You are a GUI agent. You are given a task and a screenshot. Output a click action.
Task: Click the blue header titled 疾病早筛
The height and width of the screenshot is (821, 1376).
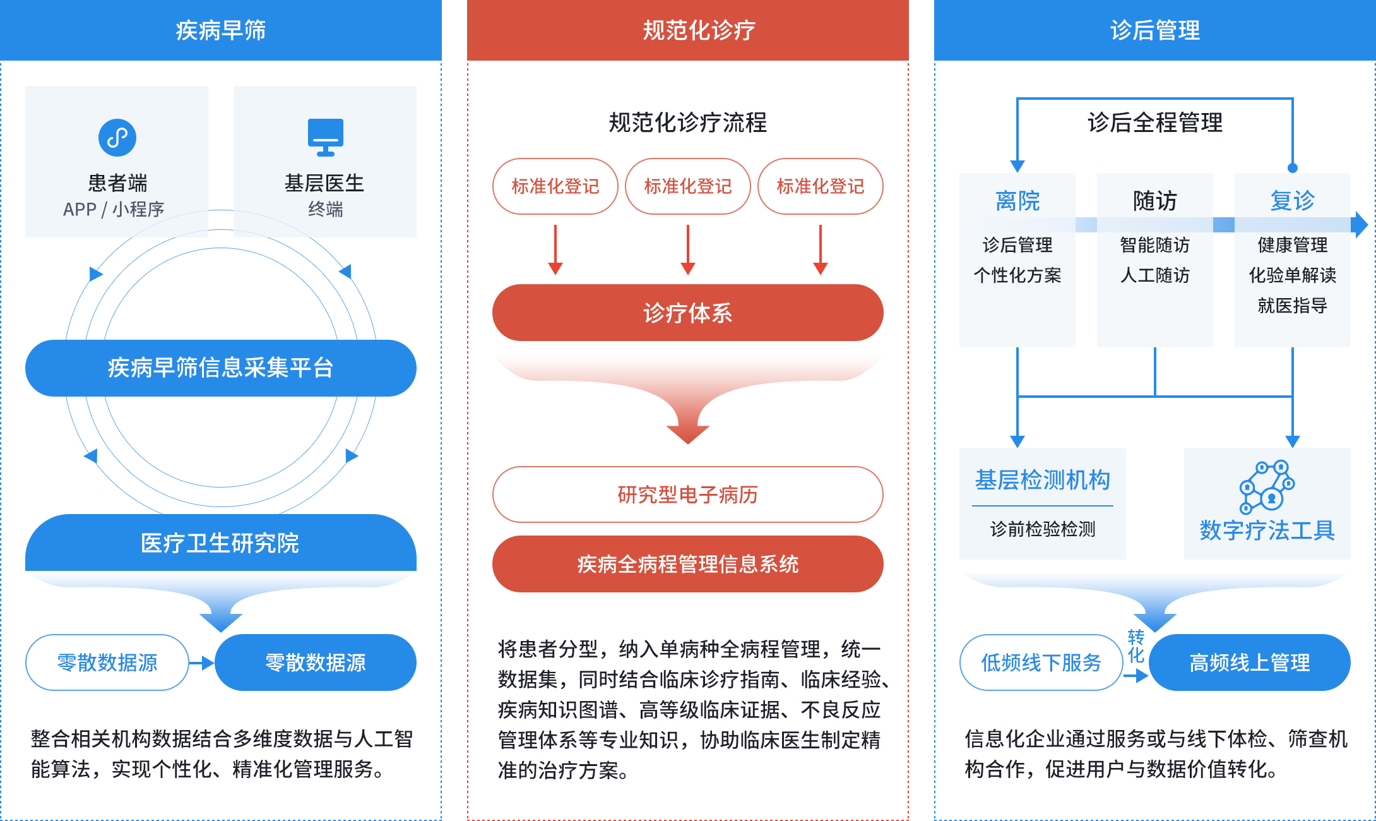click(221, 30)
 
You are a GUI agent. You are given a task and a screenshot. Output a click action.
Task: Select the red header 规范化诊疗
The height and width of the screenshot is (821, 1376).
click(687, 30)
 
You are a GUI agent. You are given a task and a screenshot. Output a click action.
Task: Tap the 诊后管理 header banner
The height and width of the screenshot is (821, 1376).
click(1154, 30)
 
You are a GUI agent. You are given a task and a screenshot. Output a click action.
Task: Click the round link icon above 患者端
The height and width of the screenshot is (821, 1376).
click(117, 138)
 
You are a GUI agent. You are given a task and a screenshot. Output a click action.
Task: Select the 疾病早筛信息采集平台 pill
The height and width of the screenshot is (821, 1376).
click(221, 368)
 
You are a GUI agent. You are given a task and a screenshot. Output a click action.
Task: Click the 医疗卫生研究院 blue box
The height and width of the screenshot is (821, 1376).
click(221, 542)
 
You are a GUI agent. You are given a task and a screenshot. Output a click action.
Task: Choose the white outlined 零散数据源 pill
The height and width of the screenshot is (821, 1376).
click(107, 662)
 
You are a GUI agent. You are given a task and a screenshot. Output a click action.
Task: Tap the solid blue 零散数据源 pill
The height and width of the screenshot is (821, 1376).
click(316, 662)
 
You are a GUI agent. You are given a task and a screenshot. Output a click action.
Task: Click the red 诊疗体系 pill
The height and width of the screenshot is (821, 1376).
click(687, 313)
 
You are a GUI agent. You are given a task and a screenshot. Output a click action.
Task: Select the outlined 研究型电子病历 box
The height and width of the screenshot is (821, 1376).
click(687, 494)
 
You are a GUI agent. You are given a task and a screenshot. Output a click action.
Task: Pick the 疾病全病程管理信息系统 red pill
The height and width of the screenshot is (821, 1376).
click(687, 564)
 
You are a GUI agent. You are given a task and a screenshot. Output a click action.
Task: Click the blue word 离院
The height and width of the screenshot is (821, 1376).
click(1017, 201)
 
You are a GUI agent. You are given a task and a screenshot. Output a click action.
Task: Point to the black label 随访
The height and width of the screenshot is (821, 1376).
click(1154, 201)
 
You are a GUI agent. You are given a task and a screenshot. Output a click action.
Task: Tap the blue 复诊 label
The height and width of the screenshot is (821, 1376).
click(1292, 201)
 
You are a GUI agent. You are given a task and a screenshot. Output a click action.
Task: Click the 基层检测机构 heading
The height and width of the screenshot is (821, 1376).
click(1042, 480)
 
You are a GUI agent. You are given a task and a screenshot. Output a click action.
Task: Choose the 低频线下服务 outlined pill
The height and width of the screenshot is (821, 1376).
click(1041, 662)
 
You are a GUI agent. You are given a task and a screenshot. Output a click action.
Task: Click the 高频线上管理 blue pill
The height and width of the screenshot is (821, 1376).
click(1249, 662)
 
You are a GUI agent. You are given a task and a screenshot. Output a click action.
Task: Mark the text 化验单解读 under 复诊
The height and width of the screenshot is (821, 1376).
click(1292, 275)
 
